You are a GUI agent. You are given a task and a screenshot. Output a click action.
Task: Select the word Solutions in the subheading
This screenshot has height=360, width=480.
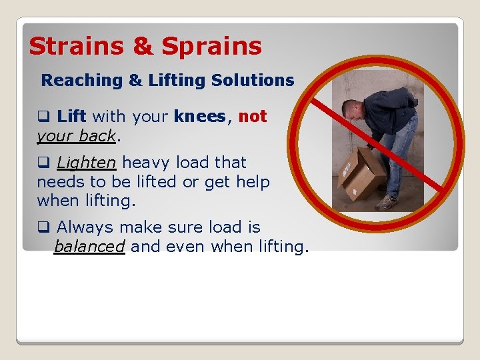click(253, 81)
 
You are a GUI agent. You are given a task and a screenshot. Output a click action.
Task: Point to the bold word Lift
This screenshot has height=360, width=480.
click(71, 117)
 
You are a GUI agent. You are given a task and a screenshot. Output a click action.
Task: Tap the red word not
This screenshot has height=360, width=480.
click(253, 117)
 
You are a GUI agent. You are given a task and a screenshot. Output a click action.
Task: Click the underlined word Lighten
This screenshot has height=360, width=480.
click(85, 163)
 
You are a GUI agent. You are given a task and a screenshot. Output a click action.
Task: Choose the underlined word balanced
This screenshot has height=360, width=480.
click(89, 247)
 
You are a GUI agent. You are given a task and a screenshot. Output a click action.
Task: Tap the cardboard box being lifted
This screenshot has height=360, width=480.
click(361, 173)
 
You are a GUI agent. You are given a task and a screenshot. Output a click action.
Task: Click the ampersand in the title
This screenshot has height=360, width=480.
click(143, 47)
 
